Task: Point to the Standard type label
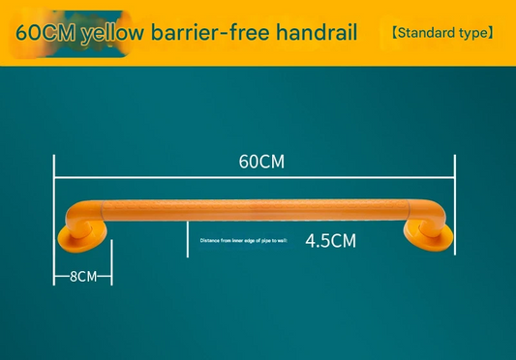442,33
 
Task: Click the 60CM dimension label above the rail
261,162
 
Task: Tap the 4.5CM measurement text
330,241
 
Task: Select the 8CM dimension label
83,276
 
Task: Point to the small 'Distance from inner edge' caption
244,240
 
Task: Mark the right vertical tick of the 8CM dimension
112,263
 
